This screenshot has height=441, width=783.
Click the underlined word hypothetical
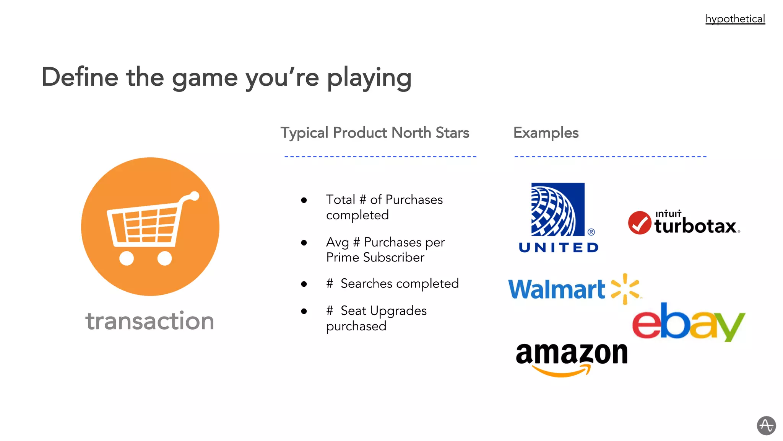[x=735, y=19]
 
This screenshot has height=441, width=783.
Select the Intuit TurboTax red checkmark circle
[x=639, y=223]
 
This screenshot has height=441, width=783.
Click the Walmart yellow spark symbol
[x=625, y=289]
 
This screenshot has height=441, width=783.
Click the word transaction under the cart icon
[x=149, y=321]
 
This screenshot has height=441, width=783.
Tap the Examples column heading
[x=546, y=133]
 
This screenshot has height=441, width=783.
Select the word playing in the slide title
[x=369, y=78]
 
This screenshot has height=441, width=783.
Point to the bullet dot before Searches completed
[x=304, y=284]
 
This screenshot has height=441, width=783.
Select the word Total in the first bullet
[x=340, y=200]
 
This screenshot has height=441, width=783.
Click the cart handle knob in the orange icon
[x=195, y=196]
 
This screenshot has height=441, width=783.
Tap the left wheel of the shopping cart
[x=127, y=258]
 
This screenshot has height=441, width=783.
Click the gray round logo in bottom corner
[x=766, y=425]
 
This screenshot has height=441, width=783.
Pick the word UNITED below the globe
[x=559, y=248]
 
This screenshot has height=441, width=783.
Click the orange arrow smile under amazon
[x=562, y=371]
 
